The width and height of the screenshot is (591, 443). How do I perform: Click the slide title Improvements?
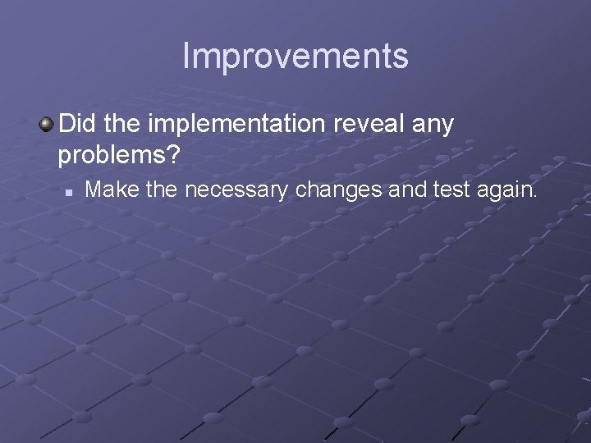295,56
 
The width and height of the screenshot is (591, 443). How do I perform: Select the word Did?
79,125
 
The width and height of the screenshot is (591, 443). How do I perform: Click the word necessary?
242,192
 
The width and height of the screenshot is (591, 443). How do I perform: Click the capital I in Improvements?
186,56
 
